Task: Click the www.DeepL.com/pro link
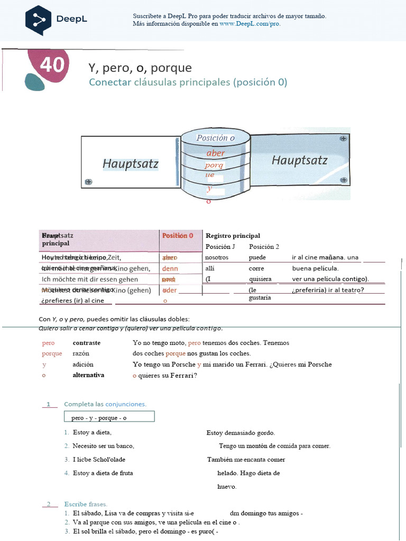coord(250,24)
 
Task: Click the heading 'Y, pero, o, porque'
coord(140,68)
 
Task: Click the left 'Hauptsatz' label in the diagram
coord(130,164)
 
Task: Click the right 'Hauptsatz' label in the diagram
coord(299,161)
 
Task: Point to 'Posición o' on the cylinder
coord(215,138)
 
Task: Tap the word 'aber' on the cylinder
coord(216,153)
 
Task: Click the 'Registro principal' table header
coord(233,236)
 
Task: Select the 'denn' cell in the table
coord(170,268)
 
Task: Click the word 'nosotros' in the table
coord(217,257)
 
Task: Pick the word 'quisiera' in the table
coord(260,279)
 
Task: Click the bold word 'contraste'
coord(87,343)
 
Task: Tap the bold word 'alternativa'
coord(88,375)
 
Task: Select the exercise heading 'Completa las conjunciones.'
coord(105,404)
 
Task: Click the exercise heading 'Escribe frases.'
coord(86,504)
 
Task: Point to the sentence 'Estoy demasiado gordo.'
coord(241,433)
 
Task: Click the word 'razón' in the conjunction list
coord(83,353)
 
